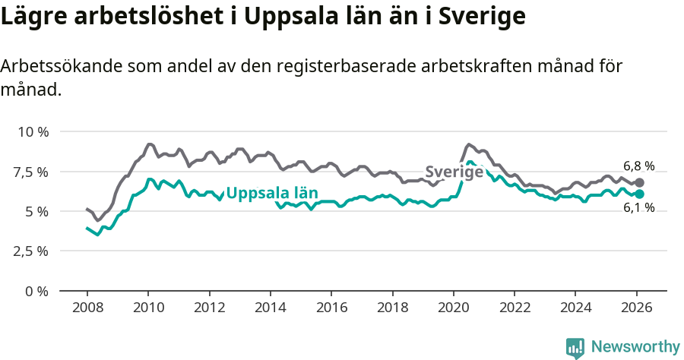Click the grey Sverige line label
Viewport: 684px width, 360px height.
pos(454,172)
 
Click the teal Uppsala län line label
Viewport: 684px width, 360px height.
pos(272,193)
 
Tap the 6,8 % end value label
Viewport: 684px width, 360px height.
pos(638,166)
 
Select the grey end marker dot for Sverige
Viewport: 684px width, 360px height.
pos(640,182)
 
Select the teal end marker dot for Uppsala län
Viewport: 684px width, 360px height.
pos(640,194)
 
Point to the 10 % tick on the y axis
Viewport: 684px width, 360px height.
pos(33,131)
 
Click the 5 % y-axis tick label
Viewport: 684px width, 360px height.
pos(37,211)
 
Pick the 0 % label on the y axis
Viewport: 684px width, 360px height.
pos(37,291)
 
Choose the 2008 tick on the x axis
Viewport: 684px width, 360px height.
pos(87,308)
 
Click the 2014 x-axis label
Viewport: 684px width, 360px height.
pos(270,308)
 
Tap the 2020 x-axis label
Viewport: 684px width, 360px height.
pos(453,308)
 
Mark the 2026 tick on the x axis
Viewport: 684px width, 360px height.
pos(635,308)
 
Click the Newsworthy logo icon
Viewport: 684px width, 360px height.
pos(575,348)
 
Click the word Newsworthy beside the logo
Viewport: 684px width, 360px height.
pos(635,347)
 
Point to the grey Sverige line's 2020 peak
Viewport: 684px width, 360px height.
pos(469,144)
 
